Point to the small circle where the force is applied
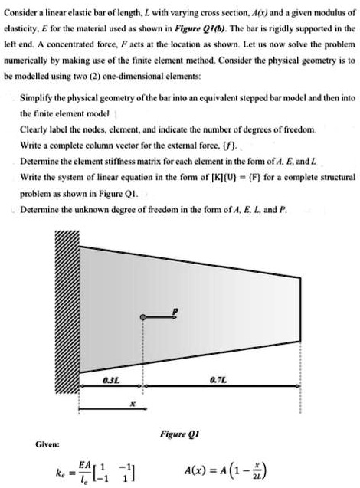point(140,296)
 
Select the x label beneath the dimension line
point(135,402)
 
